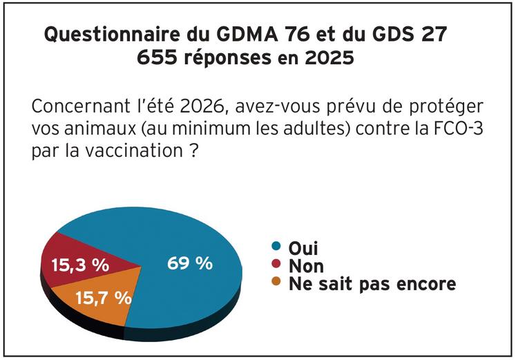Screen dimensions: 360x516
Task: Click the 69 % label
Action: (x=190, y=263)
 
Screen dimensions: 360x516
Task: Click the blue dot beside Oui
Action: (x=277, y=247)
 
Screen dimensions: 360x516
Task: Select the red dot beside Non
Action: (x=277, y=265)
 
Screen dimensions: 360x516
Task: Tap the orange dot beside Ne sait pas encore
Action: (x=277, y=283)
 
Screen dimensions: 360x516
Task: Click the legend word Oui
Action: (x=302, y=247)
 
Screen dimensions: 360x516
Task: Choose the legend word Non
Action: (x=305, y=265)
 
